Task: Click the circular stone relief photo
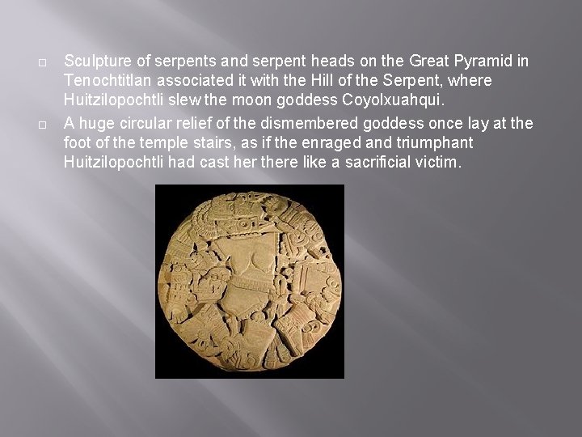coord(250,281)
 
